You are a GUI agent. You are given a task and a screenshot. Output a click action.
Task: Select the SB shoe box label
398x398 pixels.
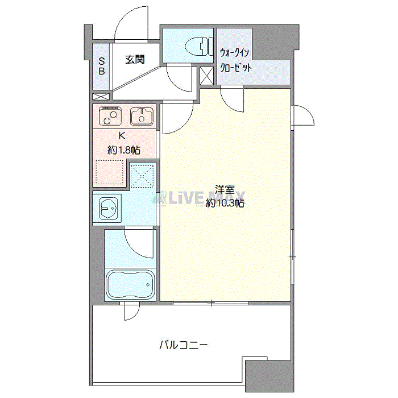point(102,66)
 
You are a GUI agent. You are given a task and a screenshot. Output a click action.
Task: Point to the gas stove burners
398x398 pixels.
point(109,117)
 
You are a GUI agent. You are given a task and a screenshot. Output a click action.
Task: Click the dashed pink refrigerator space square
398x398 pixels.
point(109,173)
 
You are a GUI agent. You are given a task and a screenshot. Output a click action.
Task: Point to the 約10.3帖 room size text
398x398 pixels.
point(225,203)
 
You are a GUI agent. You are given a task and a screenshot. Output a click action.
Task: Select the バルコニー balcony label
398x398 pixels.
point(183,345)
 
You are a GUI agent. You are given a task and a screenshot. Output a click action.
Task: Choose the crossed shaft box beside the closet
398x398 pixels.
point(206,75)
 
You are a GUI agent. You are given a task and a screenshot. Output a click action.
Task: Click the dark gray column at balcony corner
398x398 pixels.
point(267,375)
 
